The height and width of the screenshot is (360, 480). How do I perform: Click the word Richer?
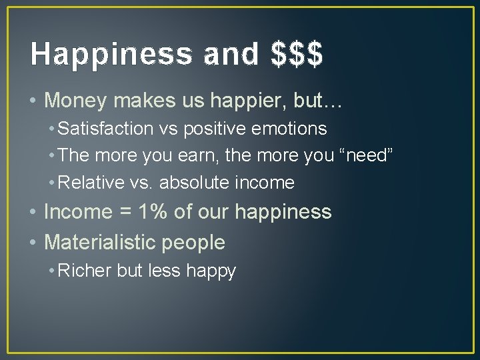pos(85,271)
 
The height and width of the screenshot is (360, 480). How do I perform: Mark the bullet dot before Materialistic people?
pos(33,243)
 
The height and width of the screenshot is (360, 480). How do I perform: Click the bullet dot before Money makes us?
pos(33,101)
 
